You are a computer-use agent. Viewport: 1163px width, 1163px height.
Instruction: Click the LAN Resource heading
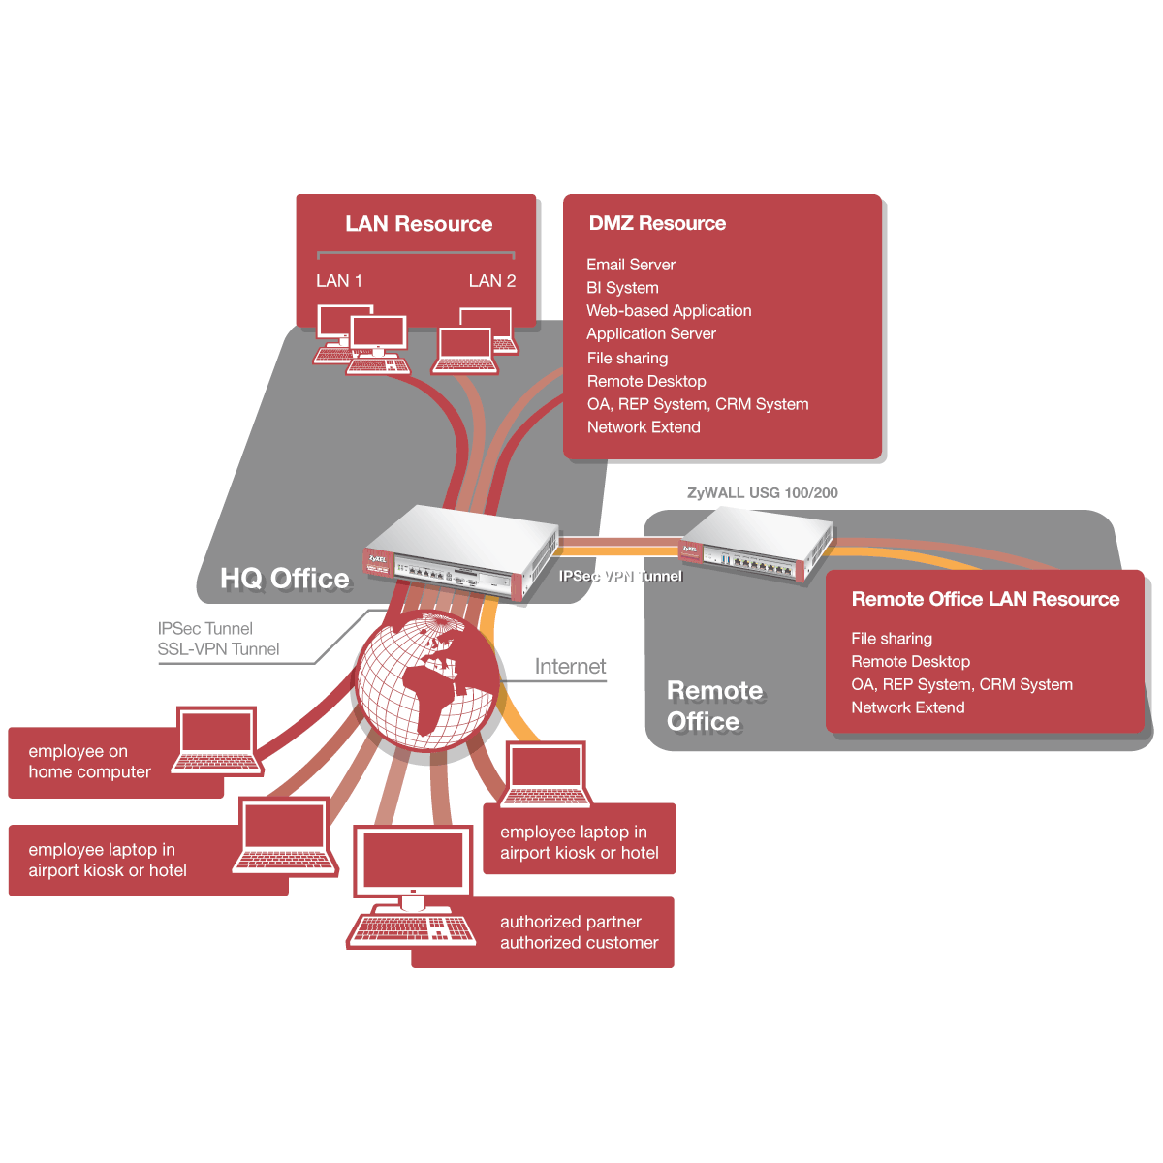pyautogui.click(x=419, y=224)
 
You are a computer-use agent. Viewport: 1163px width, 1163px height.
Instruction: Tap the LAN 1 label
pyautogui.click(x=339, y=281)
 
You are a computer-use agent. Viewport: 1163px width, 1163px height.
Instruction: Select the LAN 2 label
pyautogui.click(x=491, y=281)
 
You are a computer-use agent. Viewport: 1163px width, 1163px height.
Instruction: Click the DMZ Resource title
pyautogui.click(x=657, y=223)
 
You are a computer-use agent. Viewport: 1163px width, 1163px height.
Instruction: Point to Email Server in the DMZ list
pyautogui.click(x=631, y=265)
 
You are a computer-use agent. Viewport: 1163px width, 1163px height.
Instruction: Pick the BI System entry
pyautogui.click(x=622, y=288)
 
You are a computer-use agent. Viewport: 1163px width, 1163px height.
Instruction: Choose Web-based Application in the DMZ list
pyautogui.click(x=669, y=311)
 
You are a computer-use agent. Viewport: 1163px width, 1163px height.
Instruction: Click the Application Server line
pyautogui.click(x=651, y=334)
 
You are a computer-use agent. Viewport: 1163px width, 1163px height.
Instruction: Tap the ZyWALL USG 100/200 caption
pyautogui.click(x=763, y=492)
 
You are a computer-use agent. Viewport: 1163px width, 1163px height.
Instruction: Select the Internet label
pyautogui.click(x=570, y=667)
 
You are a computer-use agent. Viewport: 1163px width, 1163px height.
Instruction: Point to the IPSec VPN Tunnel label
pyautogui.click(x=620, y=576)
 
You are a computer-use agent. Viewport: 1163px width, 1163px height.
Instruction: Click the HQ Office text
pyautogui.click(x=285, y=579)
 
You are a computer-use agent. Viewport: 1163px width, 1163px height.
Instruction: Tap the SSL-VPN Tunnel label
pyautogui.click(x=218, y=649)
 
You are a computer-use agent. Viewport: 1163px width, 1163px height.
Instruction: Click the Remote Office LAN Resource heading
pyautogui.click(x=985, y=600)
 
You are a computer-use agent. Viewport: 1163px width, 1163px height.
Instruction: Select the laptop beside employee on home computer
pyautogui.click(x=217, y=741)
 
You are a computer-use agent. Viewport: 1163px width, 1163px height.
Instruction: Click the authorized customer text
pyautogui.click(x=579, y=943)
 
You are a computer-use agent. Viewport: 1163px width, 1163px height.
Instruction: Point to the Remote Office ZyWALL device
pyautogui.click(x=756, y=548)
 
